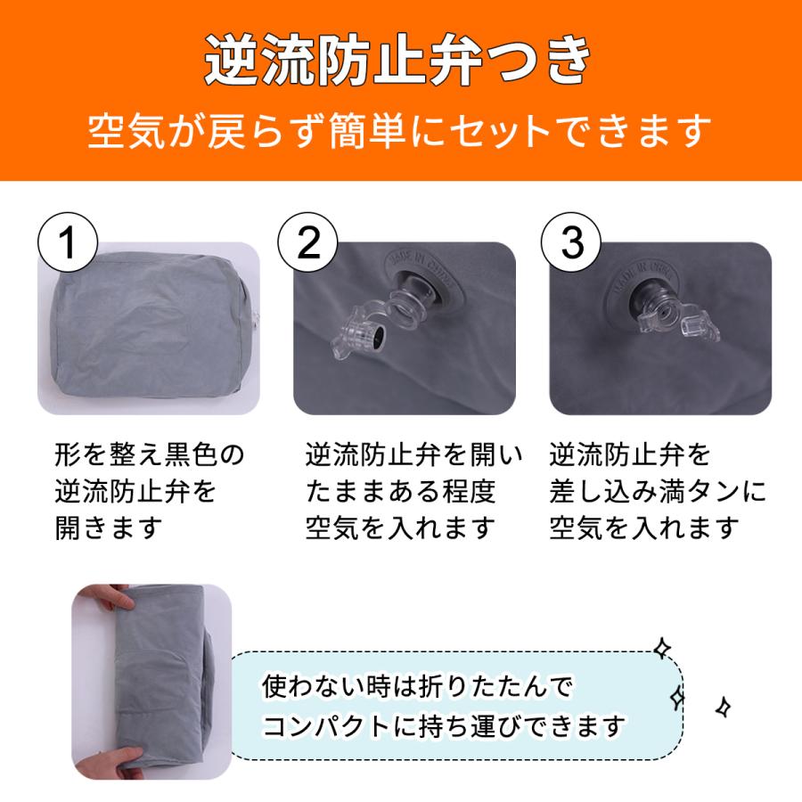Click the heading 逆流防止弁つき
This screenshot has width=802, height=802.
pos(398,61)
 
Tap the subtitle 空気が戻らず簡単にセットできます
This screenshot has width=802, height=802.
pos(399,132)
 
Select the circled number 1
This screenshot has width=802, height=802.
pos(68,242)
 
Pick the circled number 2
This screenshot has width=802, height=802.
pos(308,242)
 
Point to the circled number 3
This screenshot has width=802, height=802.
pos(571,242)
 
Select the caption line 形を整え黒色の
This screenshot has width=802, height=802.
pos(150,454)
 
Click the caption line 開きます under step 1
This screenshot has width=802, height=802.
pos(109,528)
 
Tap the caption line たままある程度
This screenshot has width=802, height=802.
pos(400,491)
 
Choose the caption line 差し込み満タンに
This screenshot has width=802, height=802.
pos(658,491)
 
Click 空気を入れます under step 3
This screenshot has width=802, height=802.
pos(644,528)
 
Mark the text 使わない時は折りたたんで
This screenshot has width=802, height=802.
pos(418,686)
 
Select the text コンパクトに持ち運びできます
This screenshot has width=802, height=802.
pos(444,725)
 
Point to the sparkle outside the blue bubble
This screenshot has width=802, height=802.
pos(723,708)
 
